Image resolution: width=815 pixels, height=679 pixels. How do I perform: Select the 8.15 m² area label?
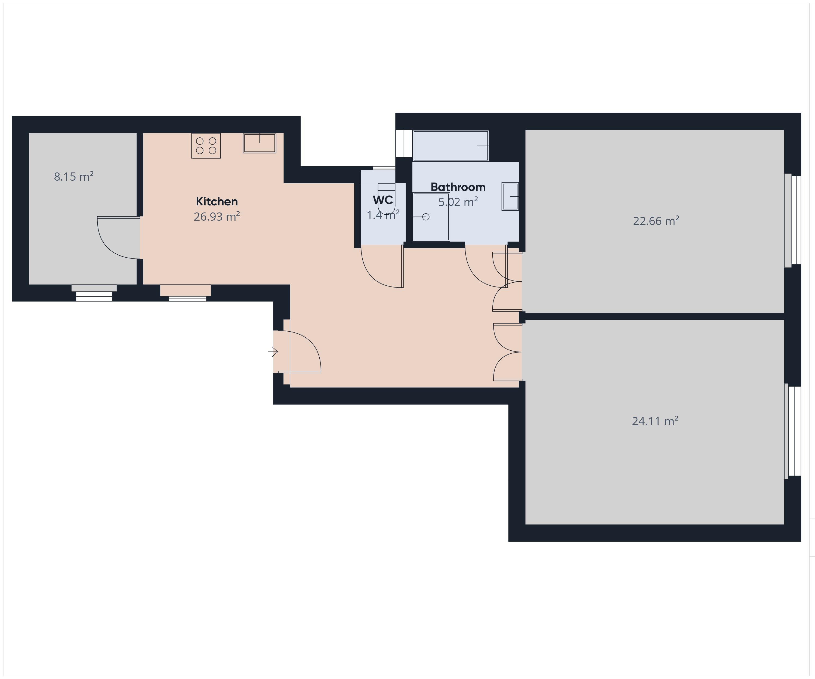coord(74,177)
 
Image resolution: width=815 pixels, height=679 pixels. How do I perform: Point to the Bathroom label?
coord(458,187)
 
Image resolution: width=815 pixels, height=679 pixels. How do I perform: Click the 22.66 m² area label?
coord(656,221)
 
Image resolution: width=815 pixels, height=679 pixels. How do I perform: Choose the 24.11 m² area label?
coord(655,421)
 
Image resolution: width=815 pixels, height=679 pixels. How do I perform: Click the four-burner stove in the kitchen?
coord(206,146)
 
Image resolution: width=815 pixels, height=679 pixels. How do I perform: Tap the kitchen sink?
coord(260,143)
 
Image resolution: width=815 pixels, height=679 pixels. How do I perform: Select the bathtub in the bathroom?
coord(450,146)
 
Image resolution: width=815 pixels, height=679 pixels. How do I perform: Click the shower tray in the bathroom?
coord(431,217)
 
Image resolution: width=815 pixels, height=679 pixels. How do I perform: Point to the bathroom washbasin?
coord(510,196)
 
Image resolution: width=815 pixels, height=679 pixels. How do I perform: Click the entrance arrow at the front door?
coord(273,352)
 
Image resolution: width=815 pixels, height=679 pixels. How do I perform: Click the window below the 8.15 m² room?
coord(94,293)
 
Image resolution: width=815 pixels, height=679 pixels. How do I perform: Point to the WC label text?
coord(383,200)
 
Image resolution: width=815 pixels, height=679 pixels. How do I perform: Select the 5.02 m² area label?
coord(458,202)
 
